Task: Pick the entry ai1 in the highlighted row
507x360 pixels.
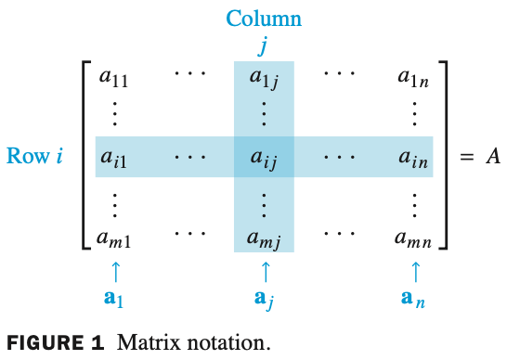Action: (x=114, y=159)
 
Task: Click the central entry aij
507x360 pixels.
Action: (x=264, y=159)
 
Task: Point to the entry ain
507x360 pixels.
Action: (x=413, y=159)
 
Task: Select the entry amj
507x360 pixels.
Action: (x=265, y=238)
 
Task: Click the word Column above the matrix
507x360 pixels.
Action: (x=265, y=19)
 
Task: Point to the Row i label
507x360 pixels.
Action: (x=35, y=156)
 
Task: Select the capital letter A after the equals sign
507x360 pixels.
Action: (x=493, y=156)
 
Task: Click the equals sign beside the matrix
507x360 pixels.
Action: (x=467, y=157)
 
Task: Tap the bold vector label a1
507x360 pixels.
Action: (x=115, y=299)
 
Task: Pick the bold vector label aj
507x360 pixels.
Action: (x=265, y=300)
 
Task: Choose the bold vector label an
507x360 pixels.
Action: (x=414, y=299)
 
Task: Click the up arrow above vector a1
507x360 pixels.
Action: (x=115, y=271)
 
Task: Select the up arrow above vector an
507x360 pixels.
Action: (x=414, y=271)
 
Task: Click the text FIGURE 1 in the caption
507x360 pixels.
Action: (x=55, y=342)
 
